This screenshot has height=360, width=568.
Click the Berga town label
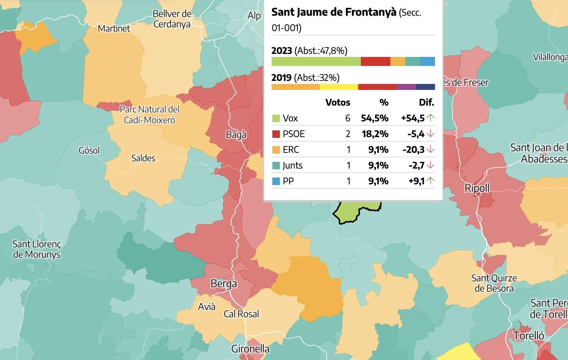pyautogui.click(x=224, y=284)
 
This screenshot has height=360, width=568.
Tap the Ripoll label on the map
pyautogui.click(x=477, y=188)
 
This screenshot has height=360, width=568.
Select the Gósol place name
pyautogui.click(x=89, y=151)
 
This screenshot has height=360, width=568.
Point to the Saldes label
pyautogui.click(x=143, y=158)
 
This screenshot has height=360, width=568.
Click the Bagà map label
pyautogui.click(x=236, y=135)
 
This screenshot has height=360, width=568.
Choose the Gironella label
pyautogui.click(x=250, y=349)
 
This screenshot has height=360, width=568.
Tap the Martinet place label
pyautogui.click(x=114, y=28)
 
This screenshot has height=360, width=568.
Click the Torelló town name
pyautogui.click(x=528, y=335)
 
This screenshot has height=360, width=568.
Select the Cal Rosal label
pyautogui.click(x=241, y=314)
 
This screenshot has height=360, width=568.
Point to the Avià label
pyautogui.click(x=206, y=307)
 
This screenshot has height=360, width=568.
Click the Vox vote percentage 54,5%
pyautogui.click(x=375, y=118)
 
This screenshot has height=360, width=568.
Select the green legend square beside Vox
pyautogui.click(x=276, y=118)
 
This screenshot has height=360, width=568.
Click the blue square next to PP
pyautogui.click(x=276, y=181)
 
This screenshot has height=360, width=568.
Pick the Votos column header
pyautogui.click(x=338, y=103)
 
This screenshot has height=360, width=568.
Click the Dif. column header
pyautogui.click(x=426, y=103)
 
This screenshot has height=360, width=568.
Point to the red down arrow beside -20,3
pyautogui.click(x=430, y=150)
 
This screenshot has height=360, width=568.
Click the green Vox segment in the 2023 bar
pyautogui.click(x=316, y=61)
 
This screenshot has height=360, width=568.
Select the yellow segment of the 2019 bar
pyautogui.click(x=339, y=87)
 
